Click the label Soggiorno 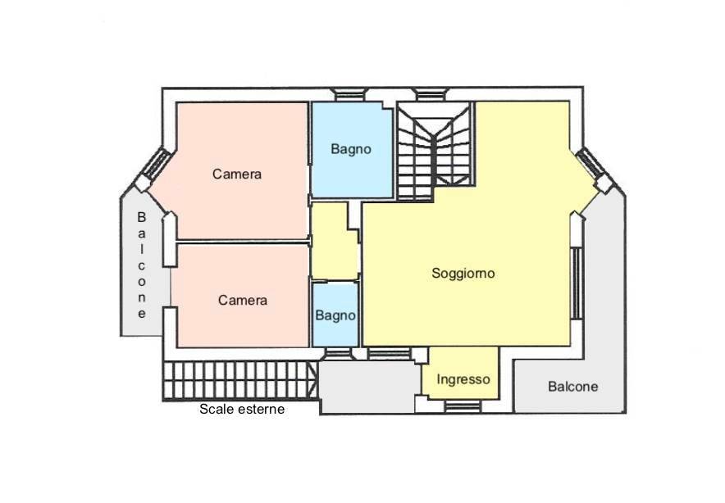click(463, 274)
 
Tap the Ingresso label click(463, 379)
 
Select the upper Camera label click(237, 174)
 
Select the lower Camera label click(243, 300)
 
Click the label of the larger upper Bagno click(351, 149)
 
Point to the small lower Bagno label click(335, 315)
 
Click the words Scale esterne click(242, 409)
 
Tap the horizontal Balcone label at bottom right click(573, 386)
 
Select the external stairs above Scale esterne click(239, 381)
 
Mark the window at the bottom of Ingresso click(462, 406)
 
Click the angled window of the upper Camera click(154, 166)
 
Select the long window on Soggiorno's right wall click(577, 283)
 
